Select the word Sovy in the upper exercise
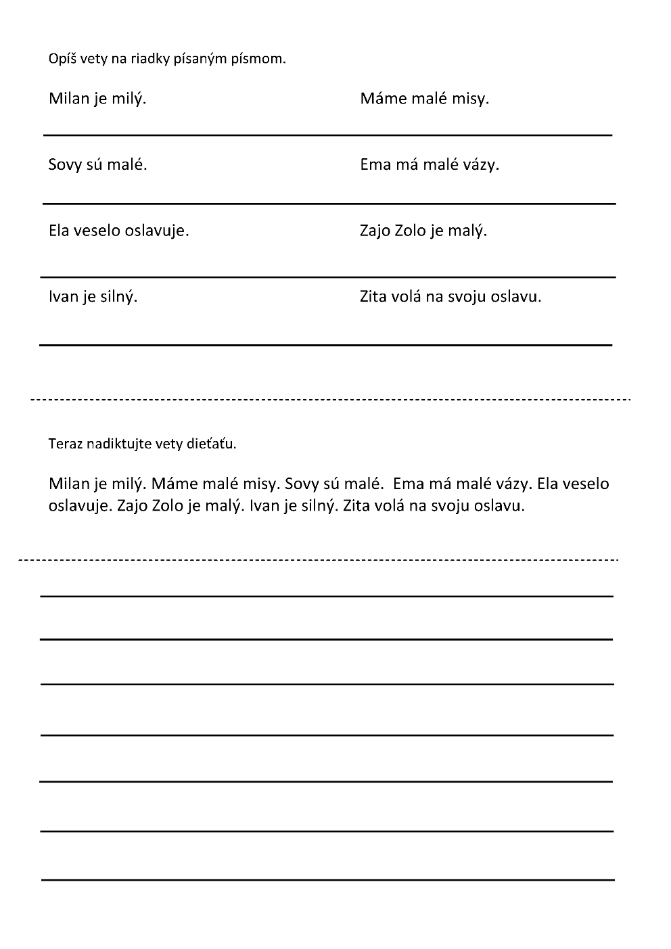coord(65,164)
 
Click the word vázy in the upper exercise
coord(481,164)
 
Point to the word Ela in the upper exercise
coord(58,231)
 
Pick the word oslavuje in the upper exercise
coord(157,231)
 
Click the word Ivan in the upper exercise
coord(63,296)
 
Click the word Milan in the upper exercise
coord(69,99)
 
